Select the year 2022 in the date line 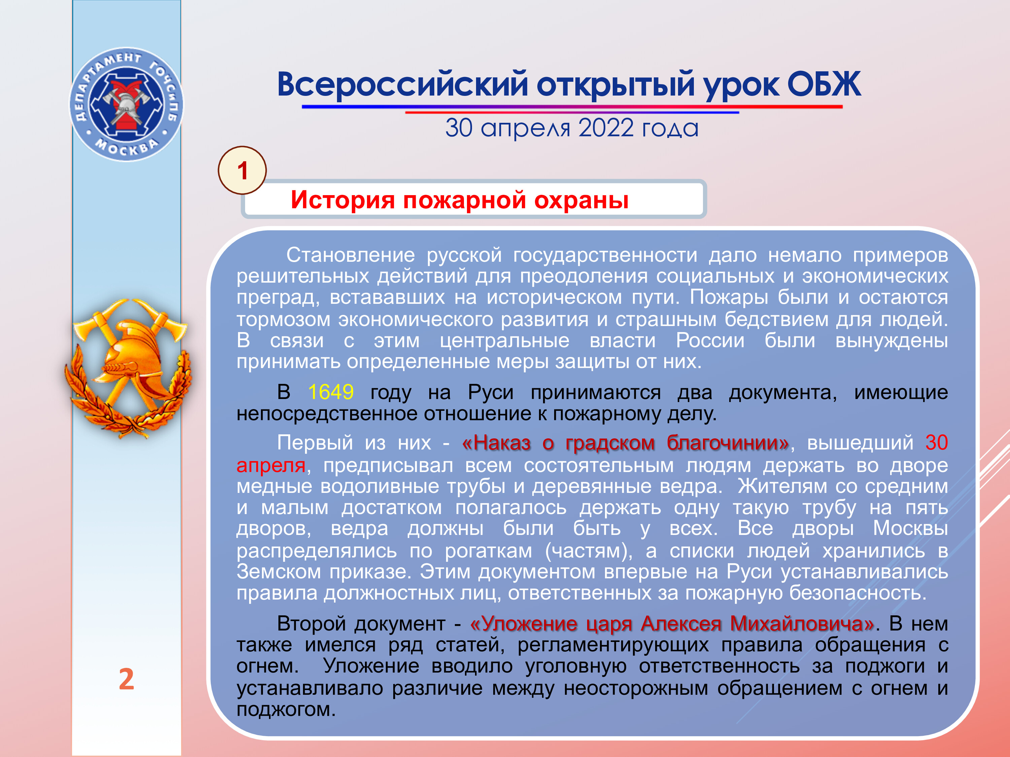[x=606, y=128]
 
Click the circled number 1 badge [x=242, y=170]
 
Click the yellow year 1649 [x=331, y=392]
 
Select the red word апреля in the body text [x=271, y=465]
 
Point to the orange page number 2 [x=127, y=679]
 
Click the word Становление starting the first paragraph [x=350, y=255]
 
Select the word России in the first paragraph [x=710, y=340]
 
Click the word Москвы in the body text [x=910, y=529]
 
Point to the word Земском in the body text [x=278, y=571]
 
